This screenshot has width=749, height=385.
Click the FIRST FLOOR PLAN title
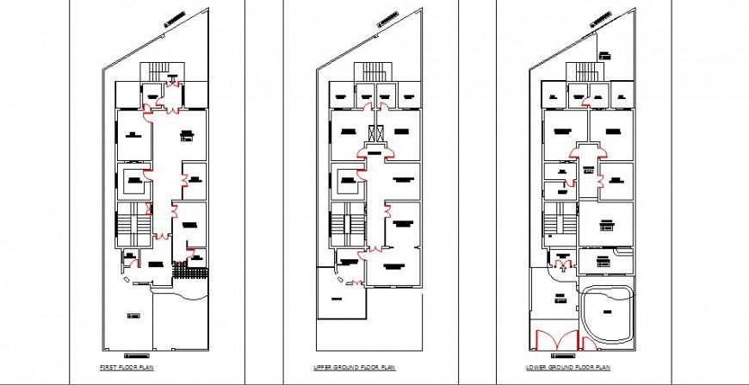pyautogui.click(x=122, y=368)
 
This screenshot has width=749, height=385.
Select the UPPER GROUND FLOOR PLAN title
pyautogui.click(x=342, y=368)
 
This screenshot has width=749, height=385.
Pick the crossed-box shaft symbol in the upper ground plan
pyautogui.click(x=374, y=134)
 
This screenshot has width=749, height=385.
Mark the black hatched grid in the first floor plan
pyautogui.click(x=190, y=272)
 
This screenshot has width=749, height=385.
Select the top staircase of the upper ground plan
pyautogui.click(x=374, y=70)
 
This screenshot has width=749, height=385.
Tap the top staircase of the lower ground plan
pyautogui.click(x=587, y=70)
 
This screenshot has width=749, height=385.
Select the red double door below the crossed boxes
pyautogui.click(x=374, y=152)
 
